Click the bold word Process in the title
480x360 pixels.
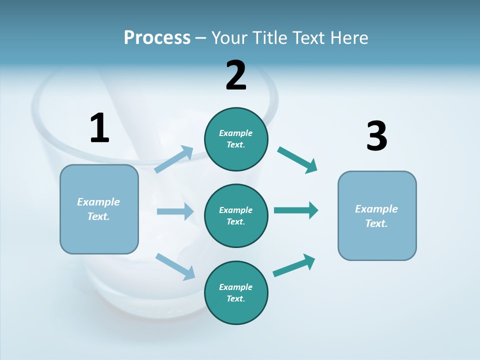157,38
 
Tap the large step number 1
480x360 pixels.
99,128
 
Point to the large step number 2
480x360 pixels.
236,75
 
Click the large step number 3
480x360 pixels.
376,136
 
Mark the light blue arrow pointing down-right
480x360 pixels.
175,266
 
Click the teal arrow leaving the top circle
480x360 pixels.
297,160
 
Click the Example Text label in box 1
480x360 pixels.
98,209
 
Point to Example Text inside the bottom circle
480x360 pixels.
235,292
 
